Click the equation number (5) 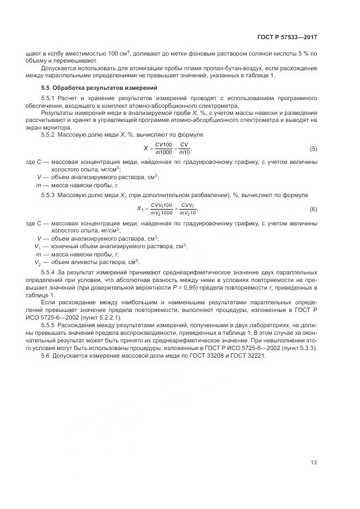coord(313,149)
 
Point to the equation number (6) coord(313,209)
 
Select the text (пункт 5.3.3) coord(300,347)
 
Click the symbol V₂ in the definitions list coord(38,261)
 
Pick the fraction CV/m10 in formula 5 coord(185,149)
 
